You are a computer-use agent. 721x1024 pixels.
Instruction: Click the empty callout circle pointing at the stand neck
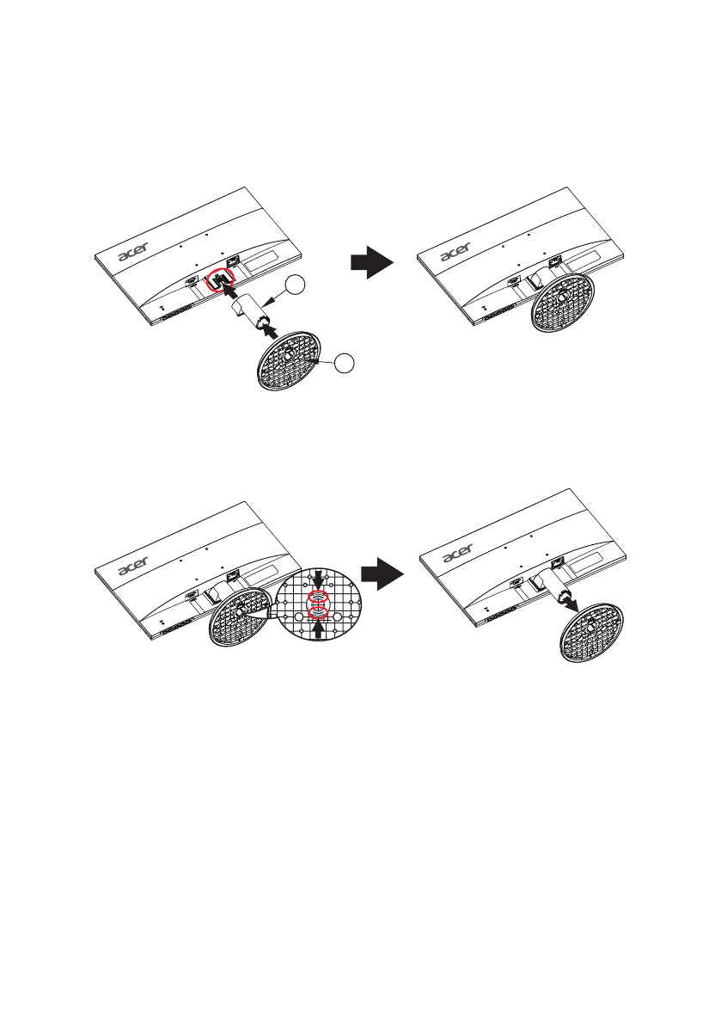[x=296, y=285]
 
